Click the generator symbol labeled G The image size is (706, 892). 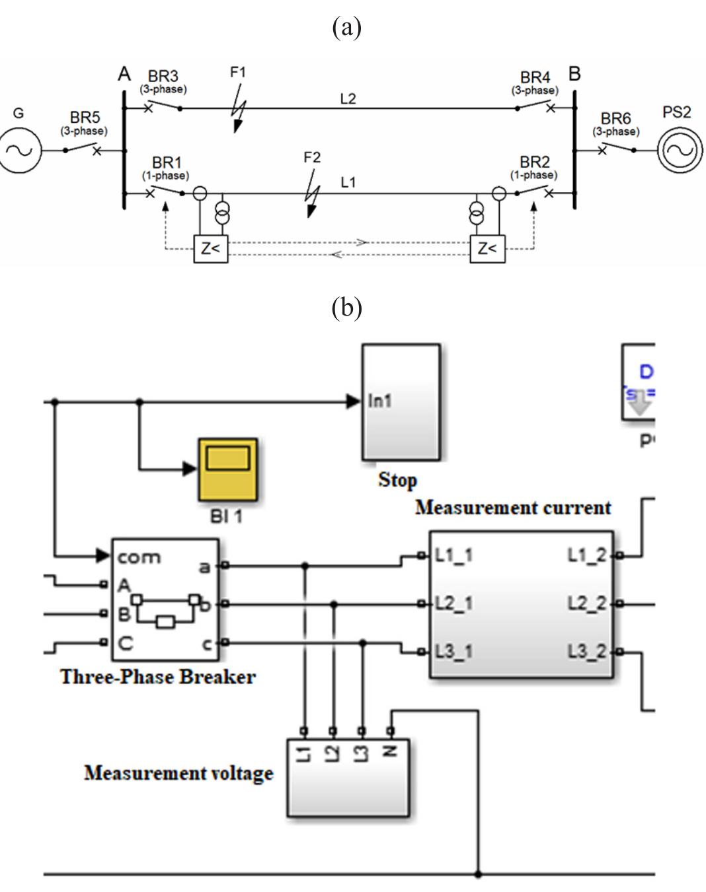click(x=19, y=151)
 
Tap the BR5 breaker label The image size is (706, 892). click(x=85, y=118)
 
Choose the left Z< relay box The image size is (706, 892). click(x=210, y=249)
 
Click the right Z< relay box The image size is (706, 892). click(x=487, y=249)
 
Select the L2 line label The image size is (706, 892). click(x=348, y=99)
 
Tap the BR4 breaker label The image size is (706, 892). click(x=535, y=78)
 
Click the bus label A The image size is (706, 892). click(x=124, y=75)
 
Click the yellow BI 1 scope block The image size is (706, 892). click(x=227, y=469)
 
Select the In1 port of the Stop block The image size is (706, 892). click(x=379, y=401)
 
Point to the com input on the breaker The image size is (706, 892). click(x=138, y=557)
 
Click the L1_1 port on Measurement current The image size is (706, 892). click(x=453, y=556)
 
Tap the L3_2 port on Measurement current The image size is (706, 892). click(x=587, y=652)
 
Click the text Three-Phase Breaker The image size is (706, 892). click(x=158, y=677)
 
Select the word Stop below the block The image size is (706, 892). click(x=397, y=480)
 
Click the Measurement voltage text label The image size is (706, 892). click(x=178, y=773)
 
